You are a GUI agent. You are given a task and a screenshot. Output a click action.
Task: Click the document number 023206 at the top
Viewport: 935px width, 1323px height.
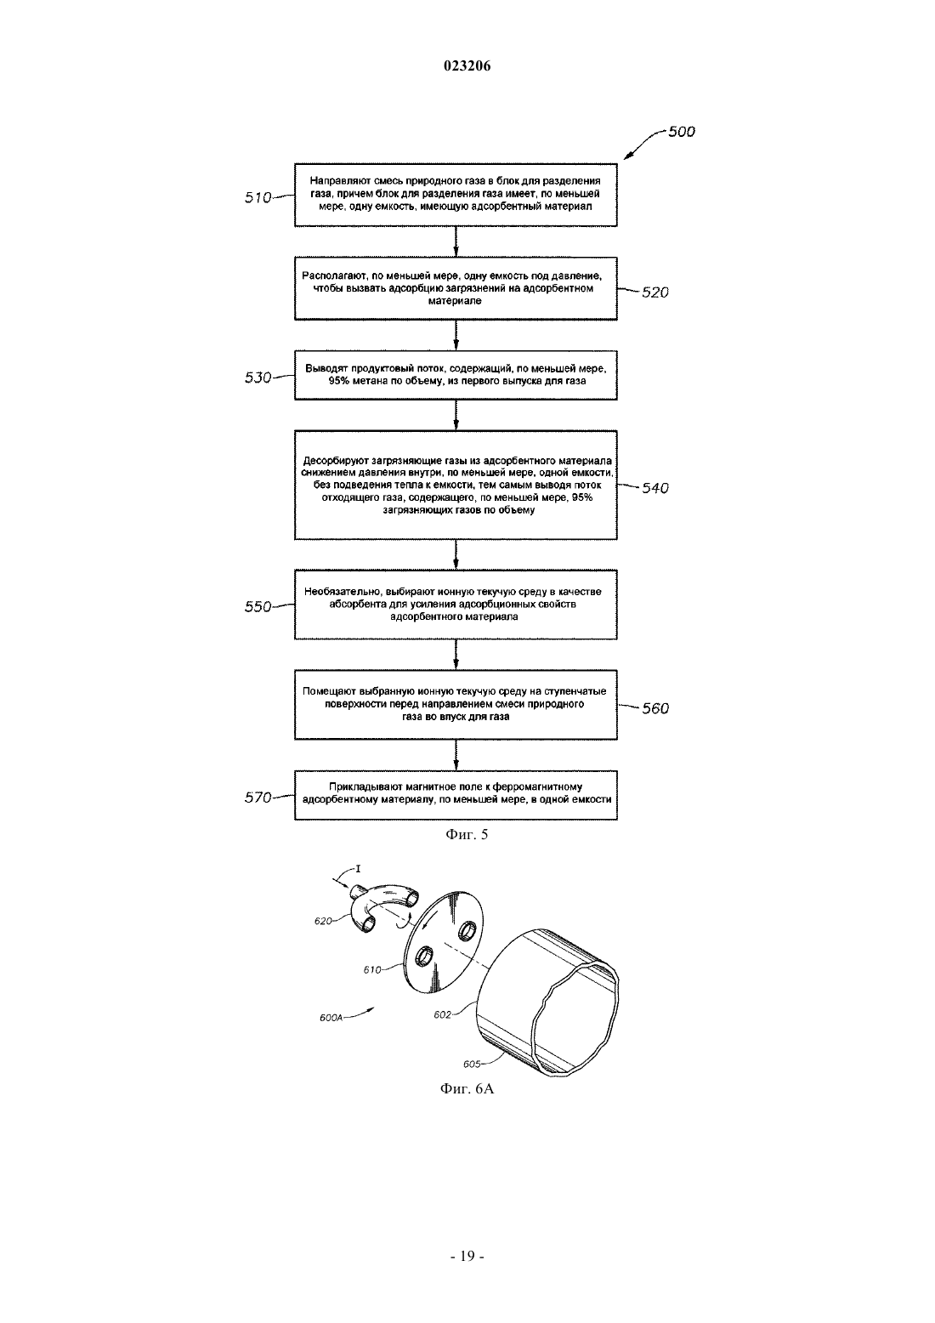pos(467,66)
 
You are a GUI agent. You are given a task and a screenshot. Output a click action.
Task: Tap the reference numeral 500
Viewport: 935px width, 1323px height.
pos(682,131)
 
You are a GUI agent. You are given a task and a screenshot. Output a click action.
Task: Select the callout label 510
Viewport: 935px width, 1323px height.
pos(258,198)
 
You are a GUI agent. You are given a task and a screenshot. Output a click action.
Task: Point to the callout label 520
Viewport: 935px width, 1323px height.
pos(655,292)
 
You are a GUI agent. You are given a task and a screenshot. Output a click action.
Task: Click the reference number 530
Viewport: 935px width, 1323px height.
pos(258,378)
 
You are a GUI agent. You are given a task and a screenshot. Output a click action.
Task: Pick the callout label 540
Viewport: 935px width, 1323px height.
pos(655,488)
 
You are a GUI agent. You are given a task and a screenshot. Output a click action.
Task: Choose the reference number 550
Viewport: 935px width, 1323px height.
pos(258,606)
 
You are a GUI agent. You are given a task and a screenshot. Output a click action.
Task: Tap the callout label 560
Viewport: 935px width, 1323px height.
pos(655,708)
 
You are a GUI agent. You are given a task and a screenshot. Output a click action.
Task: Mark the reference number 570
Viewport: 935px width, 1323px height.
pos(258,798)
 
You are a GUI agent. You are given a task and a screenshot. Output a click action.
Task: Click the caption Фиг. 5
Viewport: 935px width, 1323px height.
pos(467,834)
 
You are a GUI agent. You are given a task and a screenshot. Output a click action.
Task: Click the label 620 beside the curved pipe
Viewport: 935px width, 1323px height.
pos(323,921)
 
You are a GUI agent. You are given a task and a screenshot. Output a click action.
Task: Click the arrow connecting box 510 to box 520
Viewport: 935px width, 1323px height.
pos(456,241)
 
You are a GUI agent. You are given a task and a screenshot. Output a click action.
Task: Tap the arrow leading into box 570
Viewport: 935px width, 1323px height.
pos(456,755)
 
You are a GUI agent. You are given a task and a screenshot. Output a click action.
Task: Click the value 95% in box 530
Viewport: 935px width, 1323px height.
pos(339,381)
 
